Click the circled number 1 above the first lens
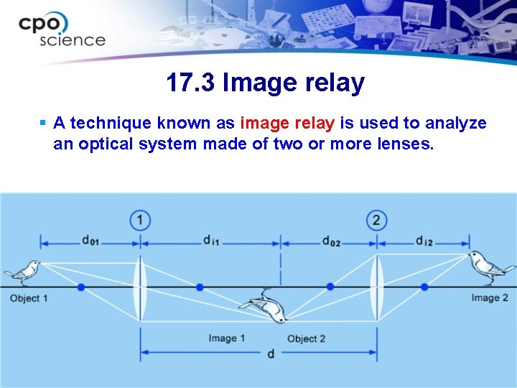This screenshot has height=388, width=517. click(141, 219)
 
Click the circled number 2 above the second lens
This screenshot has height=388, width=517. click(376, 219)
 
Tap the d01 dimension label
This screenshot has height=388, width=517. click(90, 241)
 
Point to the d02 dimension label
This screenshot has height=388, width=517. click(331, 241)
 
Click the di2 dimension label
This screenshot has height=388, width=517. click(424, 241)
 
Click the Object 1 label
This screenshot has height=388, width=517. click(29, 298)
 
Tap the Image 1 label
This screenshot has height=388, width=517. click(227, 338)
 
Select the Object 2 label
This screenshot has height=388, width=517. click(307, 338)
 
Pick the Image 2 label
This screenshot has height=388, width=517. click(490, 298)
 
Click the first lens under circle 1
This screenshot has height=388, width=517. click(141, 287)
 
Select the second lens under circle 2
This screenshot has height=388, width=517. click(376, 287)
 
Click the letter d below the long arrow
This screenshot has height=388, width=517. click(270, 355)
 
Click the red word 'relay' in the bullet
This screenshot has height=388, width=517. click(309, 124)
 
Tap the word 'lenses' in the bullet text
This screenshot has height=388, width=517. click(404, 144)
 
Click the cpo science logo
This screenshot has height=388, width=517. click(62, 29)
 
